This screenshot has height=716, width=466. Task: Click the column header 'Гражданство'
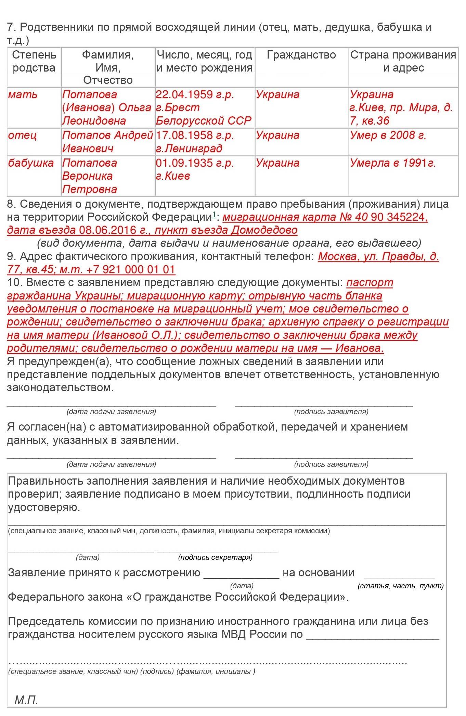(301, 55)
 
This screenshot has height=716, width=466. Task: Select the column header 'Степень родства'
(34, 61)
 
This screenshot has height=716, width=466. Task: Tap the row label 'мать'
(23, 94)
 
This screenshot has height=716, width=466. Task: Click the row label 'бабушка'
(31, 163)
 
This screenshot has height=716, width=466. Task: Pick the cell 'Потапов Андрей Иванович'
(107, 142)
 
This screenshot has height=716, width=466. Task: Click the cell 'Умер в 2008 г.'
(388, 136)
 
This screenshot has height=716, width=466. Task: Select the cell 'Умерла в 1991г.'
(392, 163)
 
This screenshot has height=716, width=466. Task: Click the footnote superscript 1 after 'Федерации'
(214, 215)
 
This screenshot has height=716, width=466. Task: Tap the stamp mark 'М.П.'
(26, 700)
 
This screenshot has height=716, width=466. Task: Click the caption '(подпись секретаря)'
(215, 558)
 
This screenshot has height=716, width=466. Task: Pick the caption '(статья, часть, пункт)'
(401, 586)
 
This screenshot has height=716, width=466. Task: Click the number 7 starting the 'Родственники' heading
(10, 27)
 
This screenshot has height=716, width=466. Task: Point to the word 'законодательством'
(60, 388)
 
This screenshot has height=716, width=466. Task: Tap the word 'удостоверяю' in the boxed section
(43, 507)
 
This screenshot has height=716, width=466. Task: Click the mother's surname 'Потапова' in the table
(90, 94)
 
